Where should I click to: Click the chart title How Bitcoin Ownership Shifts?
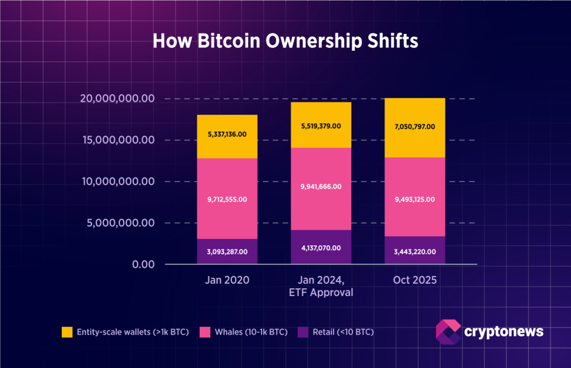click(x=285, y=42)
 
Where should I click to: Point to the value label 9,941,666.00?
click(x=320, y=186)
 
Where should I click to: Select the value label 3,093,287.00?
click(x=226, y=252)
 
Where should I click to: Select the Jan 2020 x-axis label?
click(x=226, y=280)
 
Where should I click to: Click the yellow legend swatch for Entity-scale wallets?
click(x=67, y=332)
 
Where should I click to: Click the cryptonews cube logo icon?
click(x=447, y=332)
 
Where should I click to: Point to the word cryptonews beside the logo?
click(x=504, y=332)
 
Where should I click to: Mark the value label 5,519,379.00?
click(x=320, y=127)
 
